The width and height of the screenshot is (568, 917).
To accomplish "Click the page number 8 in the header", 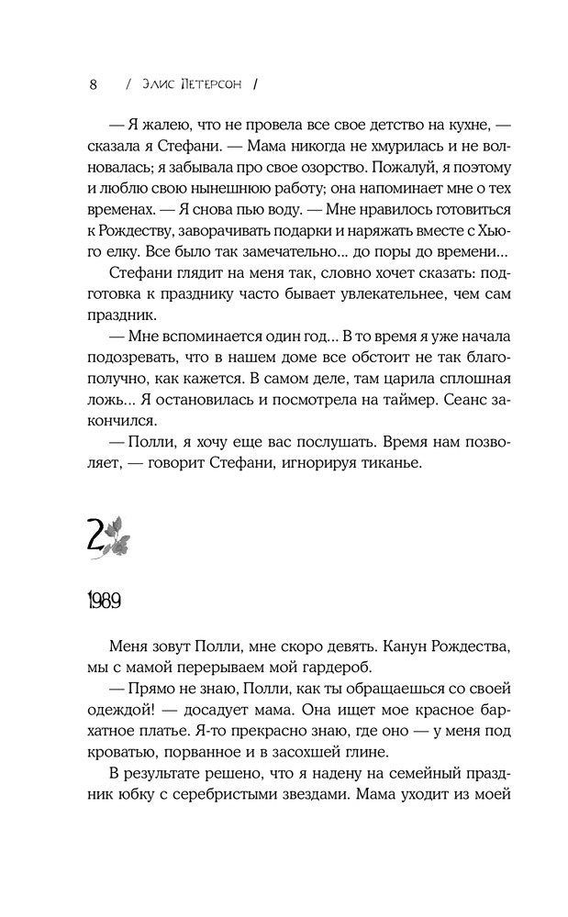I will [x=93, y=84].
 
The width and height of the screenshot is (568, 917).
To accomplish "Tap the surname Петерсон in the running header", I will [x=210, y=84].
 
